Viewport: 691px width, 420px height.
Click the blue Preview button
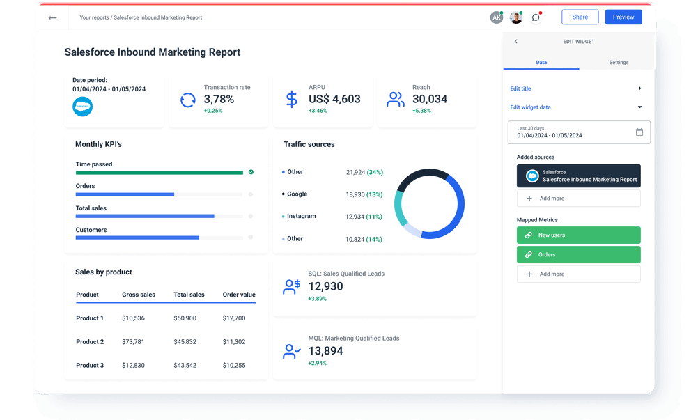pyautogui.click(x=623, y=17)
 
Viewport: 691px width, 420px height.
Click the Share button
pyautogui.click(x=580, y=17)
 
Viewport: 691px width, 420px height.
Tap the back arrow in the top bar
pyautogui.click(x=52, y=17)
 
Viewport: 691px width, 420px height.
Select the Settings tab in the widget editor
pyautogui.click(x=619, y=63)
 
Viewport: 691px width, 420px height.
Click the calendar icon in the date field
pyautogui.click(x=639, y=132)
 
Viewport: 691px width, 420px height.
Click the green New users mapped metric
pyautogui.click(x=578, y=235)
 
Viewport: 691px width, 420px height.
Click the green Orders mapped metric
pyautogui.click(x=578, y=255)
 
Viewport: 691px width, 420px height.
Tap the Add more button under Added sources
pyautogui.click(x=578, y=199)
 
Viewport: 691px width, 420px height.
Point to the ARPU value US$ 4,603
pyautogui.click(x=334, y=99)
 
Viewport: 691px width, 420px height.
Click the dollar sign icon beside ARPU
pyautogui.click(x=292, y=99)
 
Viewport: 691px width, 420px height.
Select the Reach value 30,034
pyautogui.click(x=430, y=99)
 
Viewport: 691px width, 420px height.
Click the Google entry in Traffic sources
pyautogui.click(x=297, y=194)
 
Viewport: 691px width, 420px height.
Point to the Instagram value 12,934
pyautogui.click(x=355, y=217)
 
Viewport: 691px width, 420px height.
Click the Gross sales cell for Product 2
pyautogui.click(x=133, y=342)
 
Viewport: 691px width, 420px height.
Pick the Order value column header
pyautogui.click(x=239, y=295)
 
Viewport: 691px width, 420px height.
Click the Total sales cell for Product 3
pyautogui.click(x=185, y=366)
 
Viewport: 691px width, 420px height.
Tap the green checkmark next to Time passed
pyautogui.click(x=251, y=171)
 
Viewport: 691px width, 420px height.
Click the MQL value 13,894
pyautogui.click(x=325, y=351)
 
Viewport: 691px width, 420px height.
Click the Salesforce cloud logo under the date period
pyautogui.click(x=82, y=107)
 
